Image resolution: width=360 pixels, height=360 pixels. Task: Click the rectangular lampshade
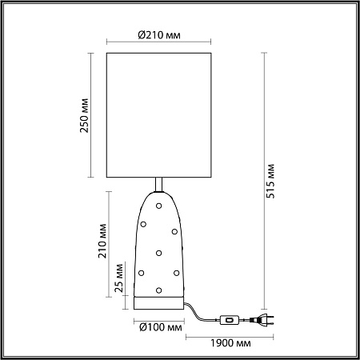tap(159, 114)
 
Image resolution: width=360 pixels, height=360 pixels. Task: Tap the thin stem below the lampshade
tap(160, 185)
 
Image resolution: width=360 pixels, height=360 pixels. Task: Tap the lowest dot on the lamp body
tap(159, 290)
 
